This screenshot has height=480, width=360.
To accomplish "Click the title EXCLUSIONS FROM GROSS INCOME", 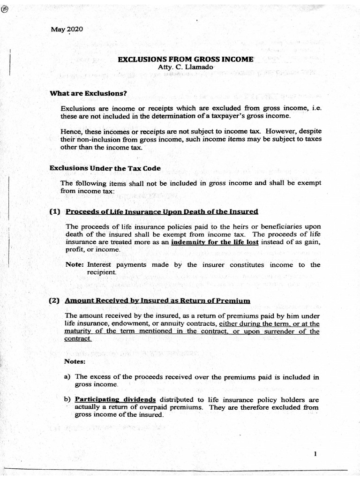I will pos(185,60).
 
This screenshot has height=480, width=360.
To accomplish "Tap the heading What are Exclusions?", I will pos(89,93).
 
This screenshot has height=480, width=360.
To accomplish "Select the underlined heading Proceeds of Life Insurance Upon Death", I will pos(162,211).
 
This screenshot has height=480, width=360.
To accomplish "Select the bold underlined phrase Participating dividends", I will pos(115,400).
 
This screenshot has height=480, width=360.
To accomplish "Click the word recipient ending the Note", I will pos(101,272).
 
